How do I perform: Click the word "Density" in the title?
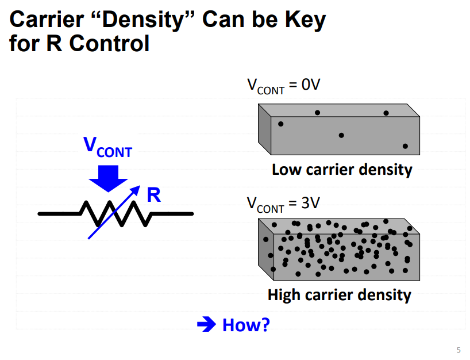[136, 20]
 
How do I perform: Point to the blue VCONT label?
[107, 147]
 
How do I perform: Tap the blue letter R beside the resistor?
[153, 196]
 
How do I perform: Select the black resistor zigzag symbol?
[115, 214]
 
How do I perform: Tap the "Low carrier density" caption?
[342, 170]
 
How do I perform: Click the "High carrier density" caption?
[340, 295]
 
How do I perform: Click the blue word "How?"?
[246, 325]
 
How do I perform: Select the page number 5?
[458, 349]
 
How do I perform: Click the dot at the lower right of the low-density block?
[405, 146]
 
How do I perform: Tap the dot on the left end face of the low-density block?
[281, 124]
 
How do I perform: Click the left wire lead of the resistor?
[57, 214]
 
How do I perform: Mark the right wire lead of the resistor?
[172, 214]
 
